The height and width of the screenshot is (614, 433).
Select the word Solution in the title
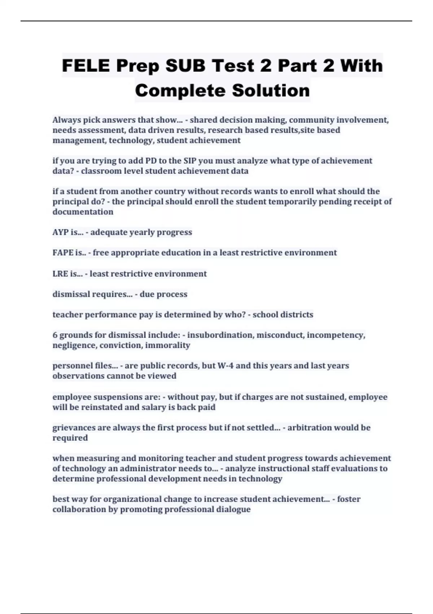tap(271, 90)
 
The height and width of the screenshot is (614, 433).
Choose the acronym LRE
tap(60, 274)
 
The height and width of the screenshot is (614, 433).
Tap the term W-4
tap(226, 366)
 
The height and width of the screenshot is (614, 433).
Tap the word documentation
tap(83, 212)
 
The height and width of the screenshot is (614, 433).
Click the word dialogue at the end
tap(233, 509)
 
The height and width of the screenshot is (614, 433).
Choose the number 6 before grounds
tap(55, 335)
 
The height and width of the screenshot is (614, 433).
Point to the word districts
tap(297, 315)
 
